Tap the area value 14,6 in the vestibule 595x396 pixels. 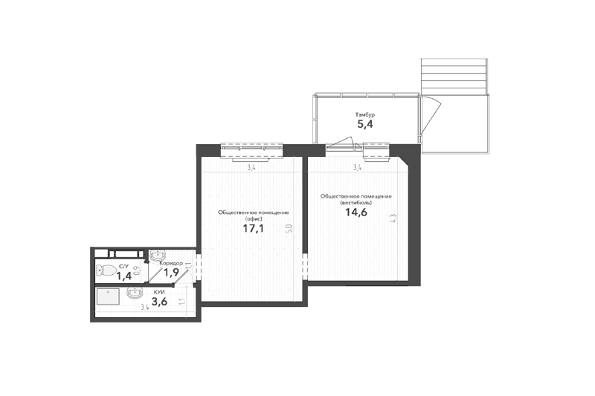point(356,212)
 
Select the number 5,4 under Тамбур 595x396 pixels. point(365,125)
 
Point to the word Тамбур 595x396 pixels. point(365,114)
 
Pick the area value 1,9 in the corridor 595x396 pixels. point(171,273)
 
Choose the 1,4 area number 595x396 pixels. point(123,276)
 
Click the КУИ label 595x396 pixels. point(159,293)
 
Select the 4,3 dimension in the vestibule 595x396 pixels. point(393,219)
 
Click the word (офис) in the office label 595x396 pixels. point(254,218)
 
